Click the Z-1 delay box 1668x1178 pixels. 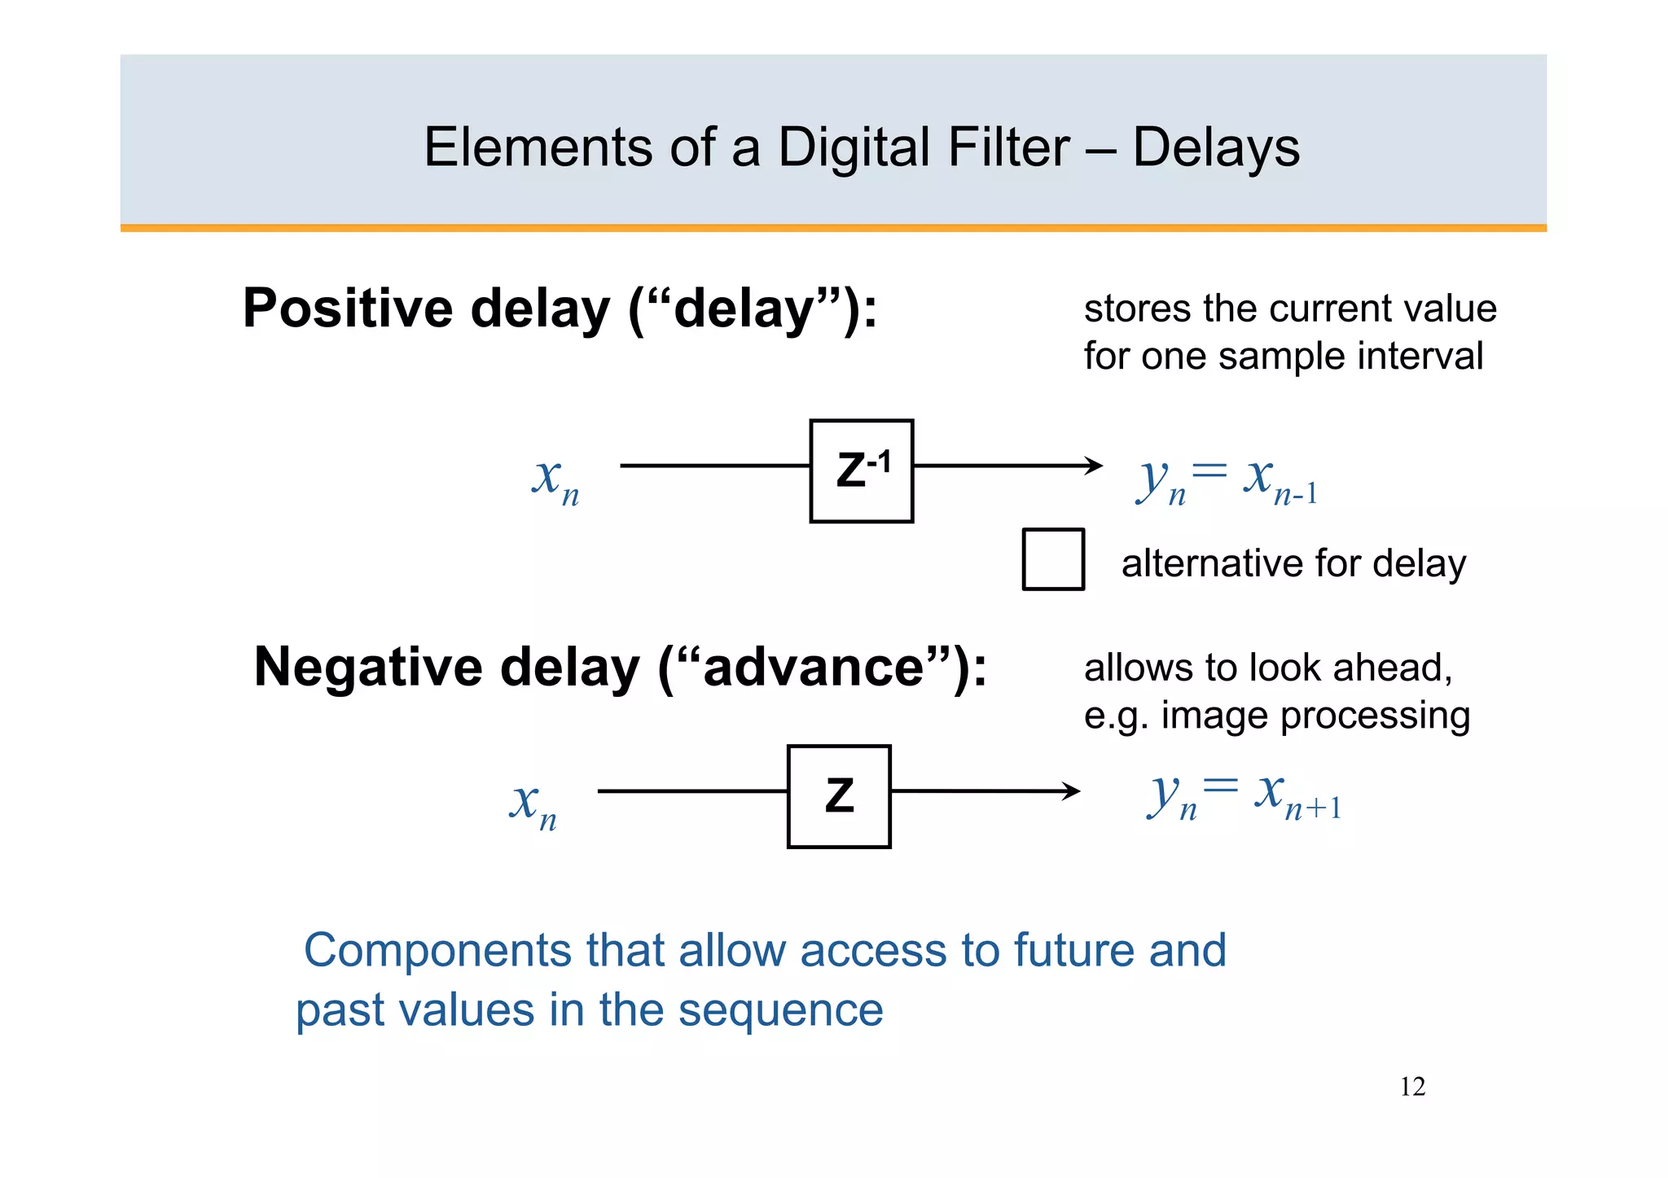tap(861, 471)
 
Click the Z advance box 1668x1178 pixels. tap(839, 796)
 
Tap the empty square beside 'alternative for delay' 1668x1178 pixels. tap(1053, 559)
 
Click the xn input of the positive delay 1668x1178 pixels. tap(555, 479)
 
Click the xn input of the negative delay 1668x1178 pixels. tap(533, 804)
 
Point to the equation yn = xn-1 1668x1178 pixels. tap(1227, 480)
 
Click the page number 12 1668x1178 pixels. tap(1412, 1087)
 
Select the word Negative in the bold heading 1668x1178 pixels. tap(367, 667)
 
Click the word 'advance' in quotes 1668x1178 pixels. tap(814, 668)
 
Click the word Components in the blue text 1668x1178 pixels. tap(437, 950)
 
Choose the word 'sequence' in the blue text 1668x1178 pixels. tap(780, 1010)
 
